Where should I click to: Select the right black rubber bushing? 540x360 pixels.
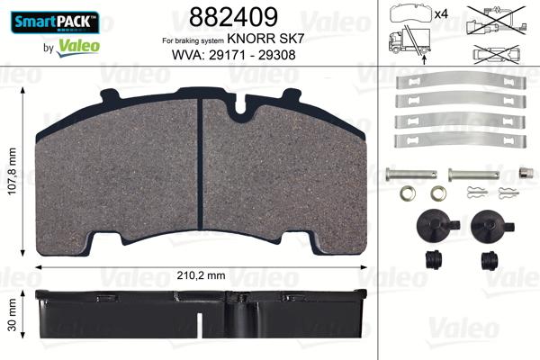click(x=490, y=261)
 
